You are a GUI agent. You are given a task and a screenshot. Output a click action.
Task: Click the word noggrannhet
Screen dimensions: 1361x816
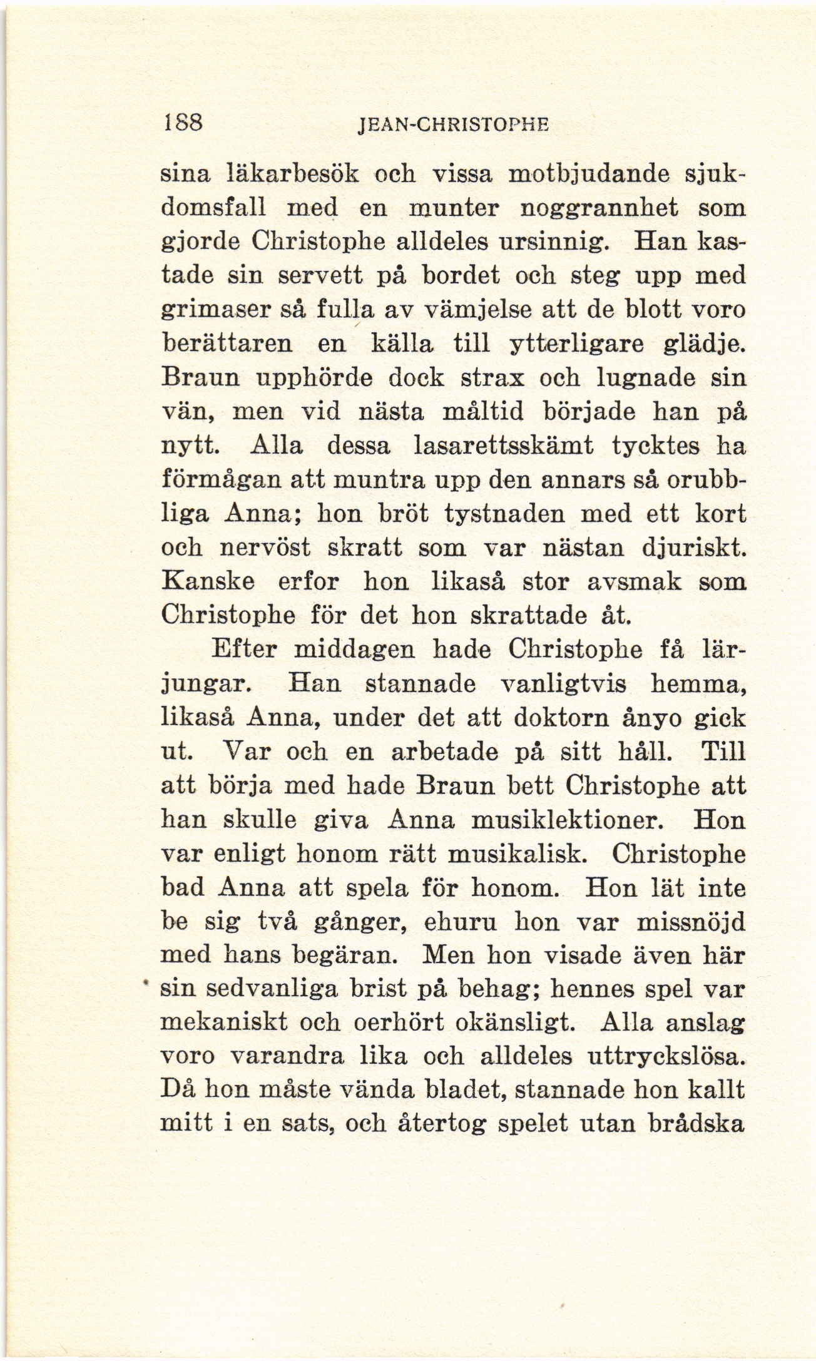pyautogui.click(x=600, y=208)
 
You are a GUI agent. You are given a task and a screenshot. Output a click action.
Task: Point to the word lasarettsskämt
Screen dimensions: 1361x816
pyautogui.click(x=504, y=446)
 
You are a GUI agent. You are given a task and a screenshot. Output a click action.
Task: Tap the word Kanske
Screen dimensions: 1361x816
pyautogui.click(x=208, y=582)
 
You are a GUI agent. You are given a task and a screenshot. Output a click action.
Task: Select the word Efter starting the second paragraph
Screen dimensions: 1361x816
pyautogui.click(x=244, y=650)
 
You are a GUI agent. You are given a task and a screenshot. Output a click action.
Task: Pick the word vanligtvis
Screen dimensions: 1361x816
pyautogui.click(x=564, y=683)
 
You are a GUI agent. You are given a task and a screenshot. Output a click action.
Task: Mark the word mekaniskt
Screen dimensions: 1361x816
pyautogui.click(x=224, y=1022)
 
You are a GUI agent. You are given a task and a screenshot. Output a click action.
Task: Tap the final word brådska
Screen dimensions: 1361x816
pyautogui.click(x=695, y=1124)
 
